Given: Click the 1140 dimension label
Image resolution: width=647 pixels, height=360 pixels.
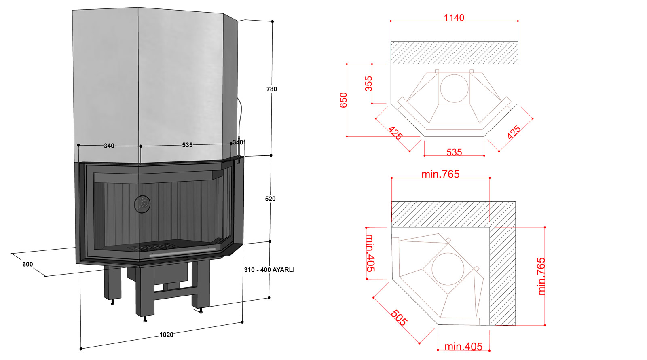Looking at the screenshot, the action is click(x=454, y=18).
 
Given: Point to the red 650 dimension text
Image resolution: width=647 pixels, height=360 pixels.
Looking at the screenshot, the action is click(x=343, y=100).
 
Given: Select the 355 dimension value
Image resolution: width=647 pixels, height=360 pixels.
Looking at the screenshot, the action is click(x=368, y=83).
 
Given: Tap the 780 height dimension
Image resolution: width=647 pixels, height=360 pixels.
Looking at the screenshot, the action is click(x=271, y=89).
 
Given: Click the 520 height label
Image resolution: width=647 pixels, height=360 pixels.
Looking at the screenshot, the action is click(x=271, y=199).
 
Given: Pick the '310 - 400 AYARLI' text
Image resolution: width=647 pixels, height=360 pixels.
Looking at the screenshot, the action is click(x=269, y=270).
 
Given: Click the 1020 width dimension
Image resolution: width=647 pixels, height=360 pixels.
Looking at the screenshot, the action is click(x=166, y=335).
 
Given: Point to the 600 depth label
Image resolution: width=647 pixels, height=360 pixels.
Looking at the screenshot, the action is click(x=27, y=264).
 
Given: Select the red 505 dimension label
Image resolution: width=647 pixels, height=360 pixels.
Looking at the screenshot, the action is click(x=399, y=318).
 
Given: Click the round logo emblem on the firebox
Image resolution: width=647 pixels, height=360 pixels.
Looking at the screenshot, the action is click(x=142, y=204).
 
